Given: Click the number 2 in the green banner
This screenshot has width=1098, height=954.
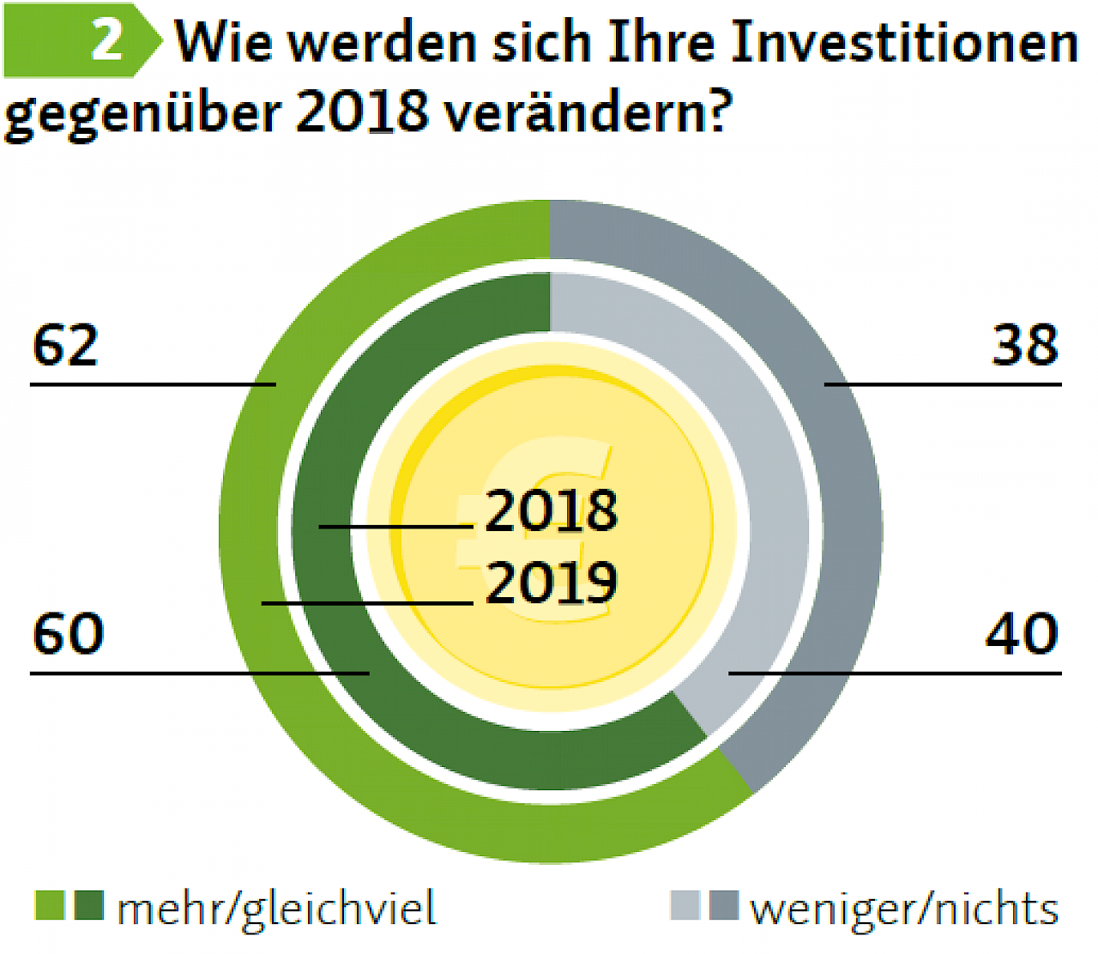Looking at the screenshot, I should pyautogui.click(x=106, y=39).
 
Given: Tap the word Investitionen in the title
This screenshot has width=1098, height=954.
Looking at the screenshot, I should pyautogui.click(x=904, y=41).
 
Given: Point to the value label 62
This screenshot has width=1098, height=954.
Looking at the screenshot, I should pyautogui.click(x=65, y=346).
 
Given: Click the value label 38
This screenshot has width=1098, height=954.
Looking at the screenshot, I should pyautogui.click(x=1025, y=346).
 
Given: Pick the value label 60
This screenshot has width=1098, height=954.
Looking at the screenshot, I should pyautogui.click(x=68, y=634).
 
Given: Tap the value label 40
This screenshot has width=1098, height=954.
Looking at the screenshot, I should pyautogui.click(x=1023, y=634).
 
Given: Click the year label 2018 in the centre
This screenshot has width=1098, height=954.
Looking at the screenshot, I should pyautogui.click(x=551, y=510).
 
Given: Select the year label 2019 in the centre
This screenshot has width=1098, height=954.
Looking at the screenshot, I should pyautogui.click(x=551, y=583).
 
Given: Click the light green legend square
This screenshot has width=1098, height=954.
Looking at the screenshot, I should pyautogui.click(x=49, y=906).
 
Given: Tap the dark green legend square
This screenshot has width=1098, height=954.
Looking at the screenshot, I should pyautogui.click(x=89, y=906).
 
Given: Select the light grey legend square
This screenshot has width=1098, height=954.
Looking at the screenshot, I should pyautogui.click(x=685, y=906).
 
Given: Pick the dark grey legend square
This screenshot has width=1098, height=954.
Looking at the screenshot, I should pyautogui.click(x=724, y=906).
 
